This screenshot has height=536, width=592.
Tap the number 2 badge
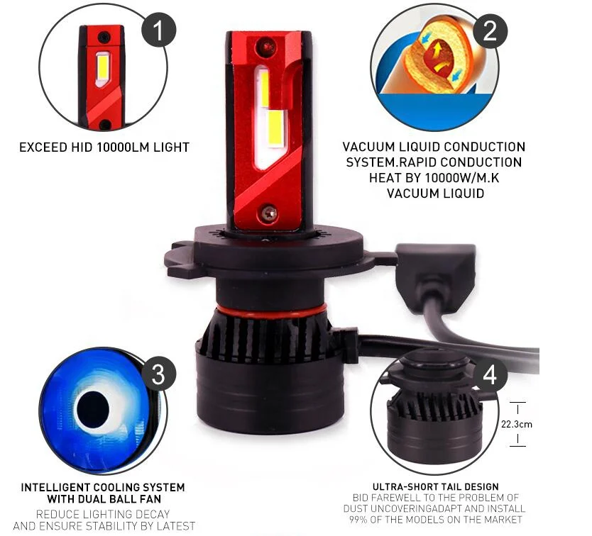490,30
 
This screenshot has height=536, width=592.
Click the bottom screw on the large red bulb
268,211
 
